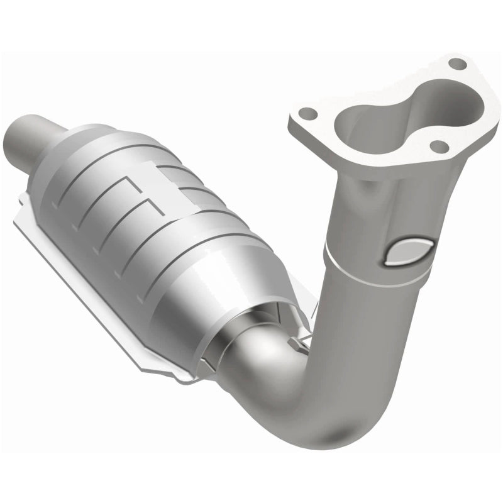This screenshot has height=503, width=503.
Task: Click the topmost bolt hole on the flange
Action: tap(458, 64)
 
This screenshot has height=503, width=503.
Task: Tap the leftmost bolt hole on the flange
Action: tap(307, 114)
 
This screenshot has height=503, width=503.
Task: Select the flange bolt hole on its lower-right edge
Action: tap(439, 146)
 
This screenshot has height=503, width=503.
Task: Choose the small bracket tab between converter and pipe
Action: tap(300, 340)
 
